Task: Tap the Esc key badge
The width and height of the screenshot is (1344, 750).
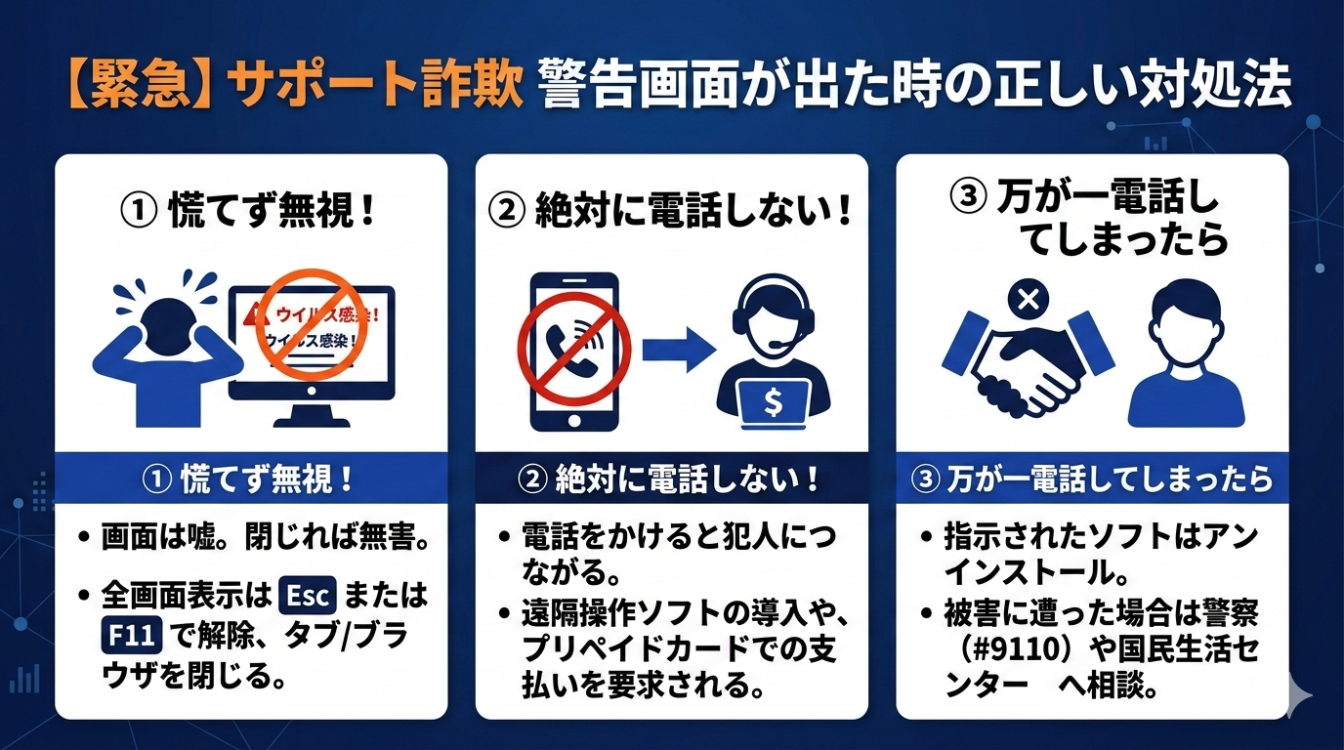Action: tap(308, 594)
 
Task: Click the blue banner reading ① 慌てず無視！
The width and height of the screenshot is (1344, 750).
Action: tap(251, 479)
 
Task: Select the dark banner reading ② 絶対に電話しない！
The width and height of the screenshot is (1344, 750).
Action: tap(672, 479)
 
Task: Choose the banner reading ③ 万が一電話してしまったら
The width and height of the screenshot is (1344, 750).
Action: tap(1092, 479)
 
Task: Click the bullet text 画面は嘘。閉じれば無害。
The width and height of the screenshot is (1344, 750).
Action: tap(267, 537)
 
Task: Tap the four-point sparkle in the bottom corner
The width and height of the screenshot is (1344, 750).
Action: tap(1298, 695)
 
